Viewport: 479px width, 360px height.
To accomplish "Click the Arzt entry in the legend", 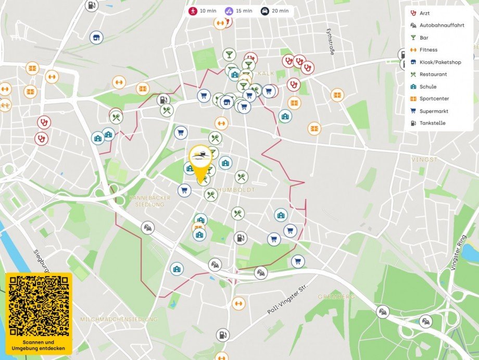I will tap(424, 13).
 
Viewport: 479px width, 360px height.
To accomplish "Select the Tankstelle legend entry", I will tap(432, 123).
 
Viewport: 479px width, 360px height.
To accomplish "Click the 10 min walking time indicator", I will tap(203, 11).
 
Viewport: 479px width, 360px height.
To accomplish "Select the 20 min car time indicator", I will tap(274, 11).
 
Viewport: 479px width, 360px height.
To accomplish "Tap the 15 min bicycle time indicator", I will tap(238, 11).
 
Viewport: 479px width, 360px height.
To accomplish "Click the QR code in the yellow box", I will tap(39, 306).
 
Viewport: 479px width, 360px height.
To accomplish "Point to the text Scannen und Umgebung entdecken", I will tap(39, 345).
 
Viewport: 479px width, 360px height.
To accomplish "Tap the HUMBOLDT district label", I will tap(236, 190).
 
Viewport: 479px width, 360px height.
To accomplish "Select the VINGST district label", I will tap(424, 159).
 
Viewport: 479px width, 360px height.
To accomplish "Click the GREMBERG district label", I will tap(336, 296).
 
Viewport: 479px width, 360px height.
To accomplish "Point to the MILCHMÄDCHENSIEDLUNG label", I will tap(119, 319).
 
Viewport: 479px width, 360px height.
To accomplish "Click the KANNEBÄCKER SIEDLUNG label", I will tap(147, 201).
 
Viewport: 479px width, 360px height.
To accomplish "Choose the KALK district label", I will tap(266, 73).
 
